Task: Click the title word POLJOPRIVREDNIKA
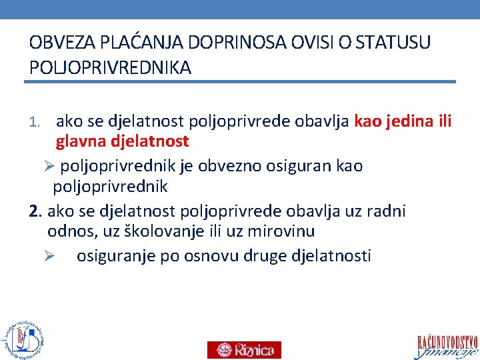(111, 68)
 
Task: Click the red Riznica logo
(244, 349)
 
